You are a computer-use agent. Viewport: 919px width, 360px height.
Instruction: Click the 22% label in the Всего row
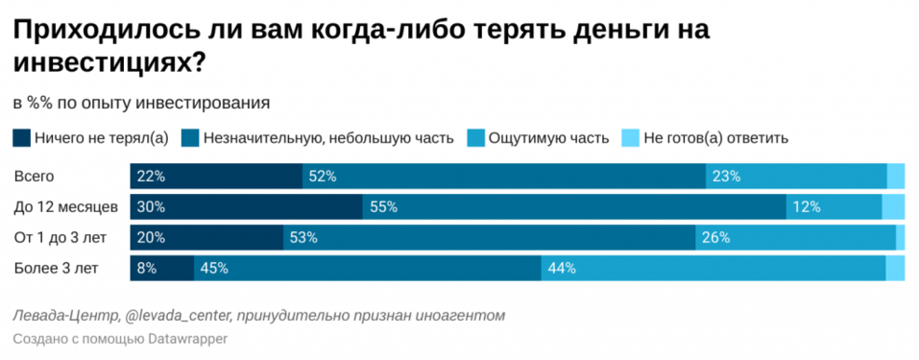click(152, 177)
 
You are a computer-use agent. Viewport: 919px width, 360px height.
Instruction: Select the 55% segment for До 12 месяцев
click(573, 207)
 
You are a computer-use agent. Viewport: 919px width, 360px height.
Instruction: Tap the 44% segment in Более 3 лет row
click(713, 269)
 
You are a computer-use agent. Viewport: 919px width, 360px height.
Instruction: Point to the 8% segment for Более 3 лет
click(161, 269)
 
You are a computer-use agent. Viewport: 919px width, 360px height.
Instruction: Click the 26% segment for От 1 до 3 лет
click(795, 238)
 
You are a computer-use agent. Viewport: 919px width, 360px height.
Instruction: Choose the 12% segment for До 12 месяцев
click(833, 207)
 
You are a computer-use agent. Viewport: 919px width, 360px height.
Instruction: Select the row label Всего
click(35, 177)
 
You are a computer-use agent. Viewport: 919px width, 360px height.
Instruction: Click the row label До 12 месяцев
click(65, 207)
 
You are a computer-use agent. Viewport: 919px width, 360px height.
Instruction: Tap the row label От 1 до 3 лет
click(60, 238)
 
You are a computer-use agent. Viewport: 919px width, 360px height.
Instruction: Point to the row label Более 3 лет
click(56, 269)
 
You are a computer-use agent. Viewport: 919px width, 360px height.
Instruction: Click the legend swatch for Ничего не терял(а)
click(22, 137)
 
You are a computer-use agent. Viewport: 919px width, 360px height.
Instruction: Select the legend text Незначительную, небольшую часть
click(326, 137)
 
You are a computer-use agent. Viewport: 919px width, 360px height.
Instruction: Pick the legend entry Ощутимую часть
click(548, 137)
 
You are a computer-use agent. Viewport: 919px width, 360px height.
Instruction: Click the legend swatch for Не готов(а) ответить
click(631, 137)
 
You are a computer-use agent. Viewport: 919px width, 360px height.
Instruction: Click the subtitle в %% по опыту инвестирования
click(141, 103)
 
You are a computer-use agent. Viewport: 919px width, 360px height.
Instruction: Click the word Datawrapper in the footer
click(187, 339)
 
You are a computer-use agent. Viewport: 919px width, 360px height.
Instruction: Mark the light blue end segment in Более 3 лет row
click(895, 269)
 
